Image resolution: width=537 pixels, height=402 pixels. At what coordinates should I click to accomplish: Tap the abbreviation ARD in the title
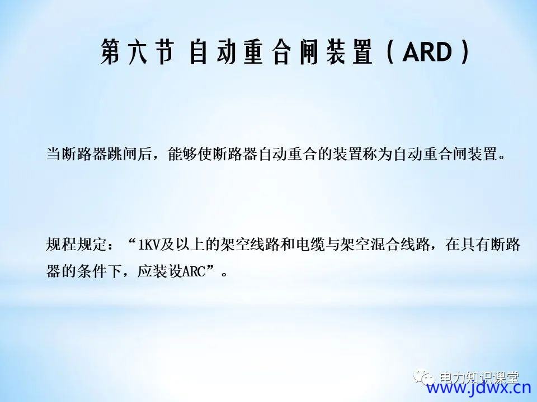(x=428, y=52)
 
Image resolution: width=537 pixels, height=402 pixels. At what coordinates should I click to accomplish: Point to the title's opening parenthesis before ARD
(x=390, y=52)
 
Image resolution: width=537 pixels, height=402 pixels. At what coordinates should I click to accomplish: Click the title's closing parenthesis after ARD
(x=465, y=52)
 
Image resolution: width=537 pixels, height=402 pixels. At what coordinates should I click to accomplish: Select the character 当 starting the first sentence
(x=54, y=154)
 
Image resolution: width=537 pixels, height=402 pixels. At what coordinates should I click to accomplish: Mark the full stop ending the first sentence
(x=502, y=158)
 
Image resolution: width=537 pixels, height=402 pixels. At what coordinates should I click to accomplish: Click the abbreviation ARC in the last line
(x=194, y=272)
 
